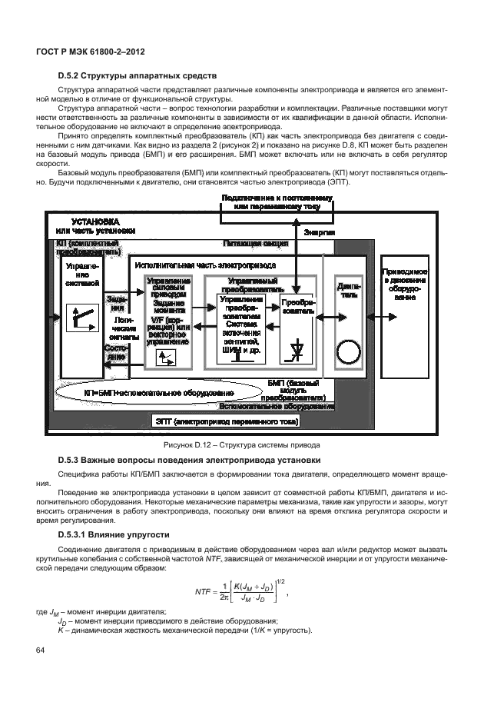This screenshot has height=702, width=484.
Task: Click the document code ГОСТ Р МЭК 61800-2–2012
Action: pos(91,52)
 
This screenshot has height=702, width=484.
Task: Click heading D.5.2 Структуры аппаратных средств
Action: pos(138,76)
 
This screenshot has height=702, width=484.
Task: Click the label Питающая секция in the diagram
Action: pos(255,243)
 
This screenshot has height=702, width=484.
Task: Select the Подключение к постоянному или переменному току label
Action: pos(277,202)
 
